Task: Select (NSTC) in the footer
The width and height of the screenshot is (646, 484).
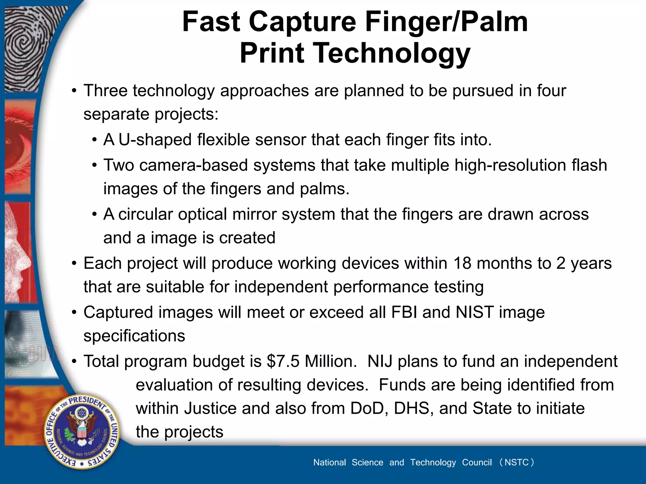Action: click(x=516, y=462)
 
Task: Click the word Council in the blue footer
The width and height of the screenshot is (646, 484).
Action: click(x=477, y=462)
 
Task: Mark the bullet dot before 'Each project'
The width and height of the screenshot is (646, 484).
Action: click(x=74, y=263)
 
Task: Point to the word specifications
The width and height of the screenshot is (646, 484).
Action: click(x=134, y=336)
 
